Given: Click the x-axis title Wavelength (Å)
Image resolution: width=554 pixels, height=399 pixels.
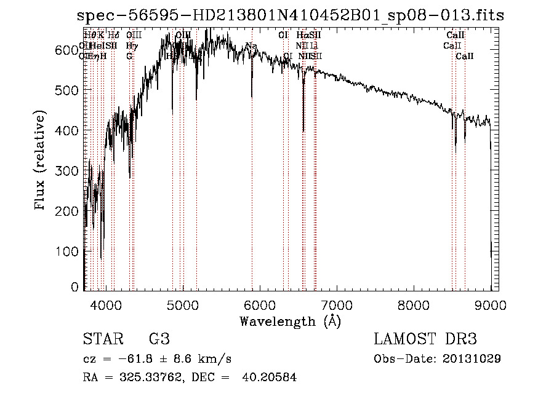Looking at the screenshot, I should [290, 321].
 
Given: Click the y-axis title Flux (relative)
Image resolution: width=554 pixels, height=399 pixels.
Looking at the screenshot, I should [41, 162].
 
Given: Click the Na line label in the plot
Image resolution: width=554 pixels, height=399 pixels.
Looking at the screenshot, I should [251, 46].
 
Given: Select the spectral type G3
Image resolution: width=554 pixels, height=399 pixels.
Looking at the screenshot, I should [159, 340].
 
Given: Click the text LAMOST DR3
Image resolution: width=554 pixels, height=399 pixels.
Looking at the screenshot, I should [425, 340].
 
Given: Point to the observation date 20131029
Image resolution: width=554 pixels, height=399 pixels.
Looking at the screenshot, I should [472, 358].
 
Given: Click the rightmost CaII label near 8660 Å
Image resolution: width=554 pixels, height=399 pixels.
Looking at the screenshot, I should [465, 57].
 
